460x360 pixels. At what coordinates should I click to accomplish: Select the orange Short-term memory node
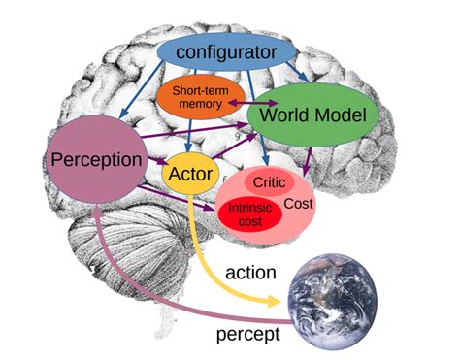coord(200,97)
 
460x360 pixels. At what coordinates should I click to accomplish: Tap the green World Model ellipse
coord(311,116)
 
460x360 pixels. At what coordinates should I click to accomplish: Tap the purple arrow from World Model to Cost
coord(309,157)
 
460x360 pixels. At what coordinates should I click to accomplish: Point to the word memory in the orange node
coord(199,105)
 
